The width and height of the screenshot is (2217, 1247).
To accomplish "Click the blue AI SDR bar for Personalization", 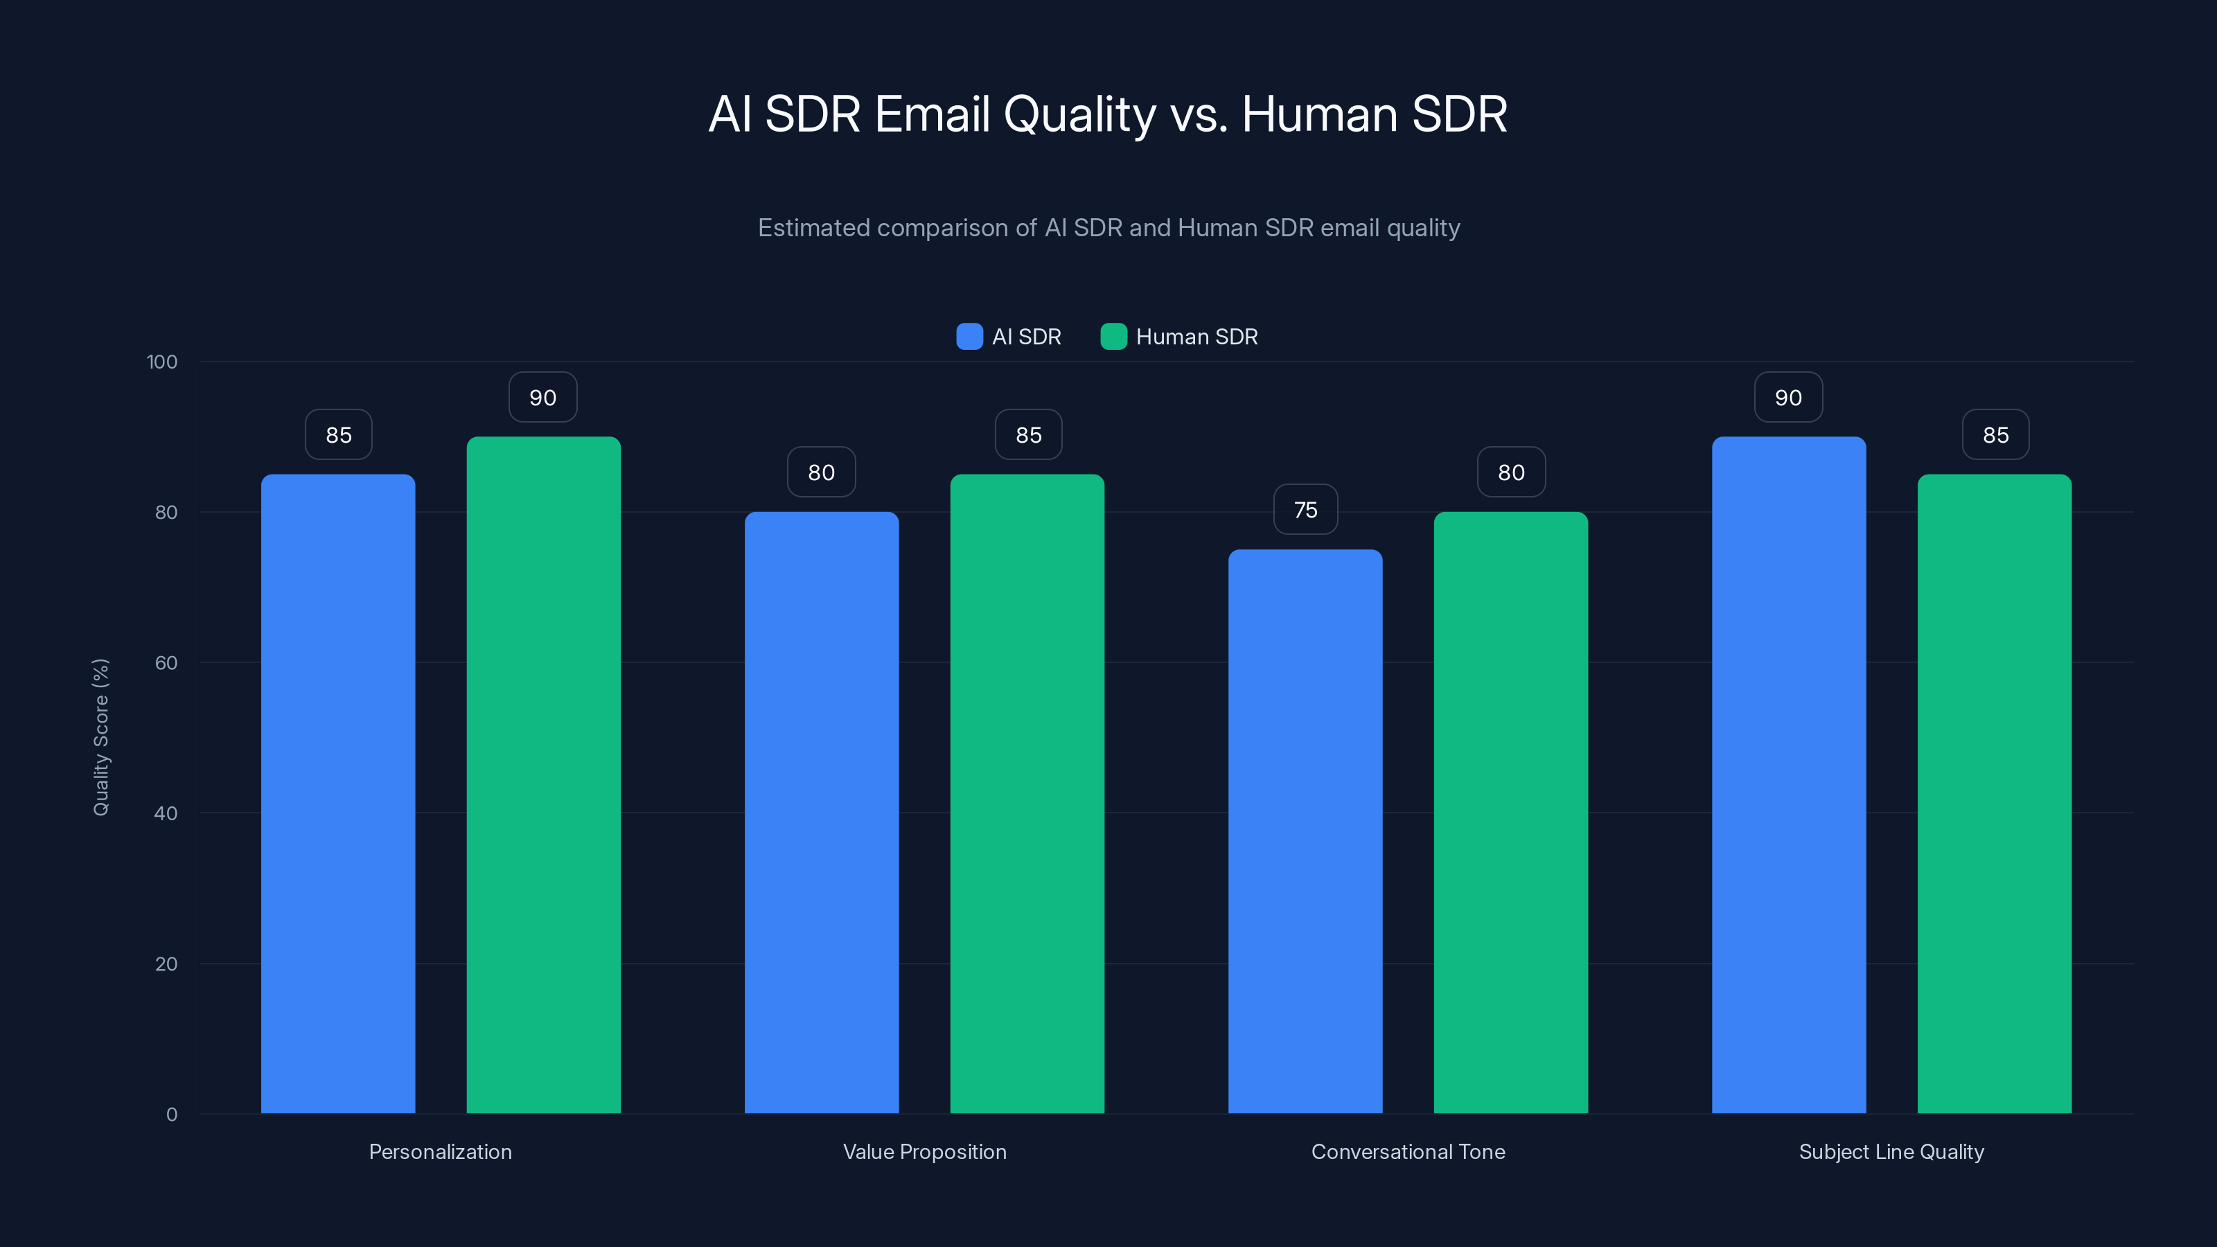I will tap(337, 793).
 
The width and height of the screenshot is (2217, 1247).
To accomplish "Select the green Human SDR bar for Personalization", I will tap(543, 775).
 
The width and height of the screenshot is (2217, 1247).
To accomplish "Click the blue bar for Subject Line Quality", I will tap(1788, 775).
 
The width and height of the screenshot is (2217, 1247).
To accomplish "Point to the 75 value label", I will tap(1305, 509).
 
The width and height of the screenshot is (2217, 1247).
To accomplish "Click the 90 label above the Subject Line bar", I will tap(1788, 398).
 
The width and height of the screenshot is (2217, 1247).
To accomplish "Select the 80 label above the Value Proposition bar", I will tap(821, 472).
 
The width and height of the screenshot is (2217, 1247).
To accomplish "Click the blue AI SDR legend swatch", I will tap(969, 337).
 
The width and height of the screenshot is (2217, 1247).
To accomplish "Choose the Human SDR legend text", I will tap(1196, 337).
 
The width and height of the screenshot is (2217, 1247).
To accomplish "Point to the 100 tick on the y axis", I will tap(162, 362).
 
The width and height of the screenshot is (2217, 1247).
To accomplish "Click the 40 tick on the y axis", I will tap(166, 813).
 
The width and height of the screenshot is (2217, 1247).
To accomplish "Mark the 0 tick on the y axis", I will tap(171, 1115).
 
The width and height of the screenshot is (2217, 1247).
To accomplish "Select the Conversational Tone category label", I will tap(1408, 1151).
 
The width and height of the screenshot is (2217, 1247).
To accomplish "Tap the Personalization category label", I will tap(440, 1151).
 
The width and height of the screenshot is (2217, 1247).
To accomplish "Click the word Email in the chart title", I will tap(931, 114).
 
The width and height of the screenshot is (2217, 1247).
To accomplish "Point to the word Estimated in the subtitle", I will tap(813, 228).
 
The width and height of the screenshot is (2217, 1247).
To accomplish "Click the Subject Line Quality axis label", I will tap(1891, 1151).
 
